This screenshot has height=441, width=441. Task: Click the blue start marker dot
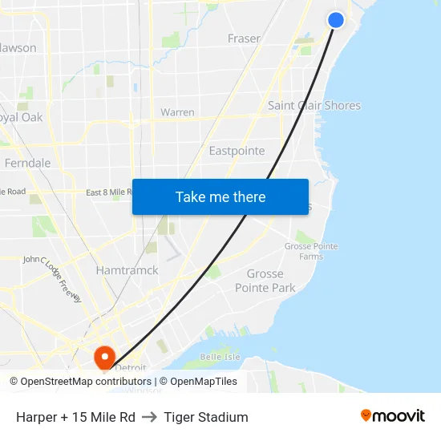[x=336, y=20]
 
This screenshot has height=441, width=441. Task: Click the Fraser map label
[x=244, y=38]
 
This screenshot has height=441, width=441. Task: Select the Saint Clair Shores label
[x=314, y=106]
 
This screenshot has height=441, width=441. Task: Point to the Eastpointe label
[x=237, y=151]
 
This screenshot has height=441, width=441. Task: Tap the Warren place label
[x=177, y=112]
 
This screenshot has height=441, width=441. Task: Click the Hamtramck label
[x=127, y=271]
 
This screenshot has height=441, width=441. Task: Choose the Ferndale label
[x=28, y=163]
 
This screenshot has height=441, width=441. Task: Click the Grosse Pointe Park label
[x=265, y=281]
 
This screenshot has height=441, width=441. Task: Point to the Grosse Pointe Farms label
[x=311, y=251]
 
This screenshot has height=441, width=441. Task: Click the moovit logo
[x=393, y=415]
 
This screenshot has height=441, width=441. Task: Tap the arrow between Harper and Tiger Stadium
[x=149, y=417]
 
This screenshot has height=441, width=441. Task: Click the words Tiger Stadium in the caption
[x=206, y=417]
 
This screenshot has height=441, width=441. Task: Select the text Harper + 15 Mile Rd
[x=75, y=417]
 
